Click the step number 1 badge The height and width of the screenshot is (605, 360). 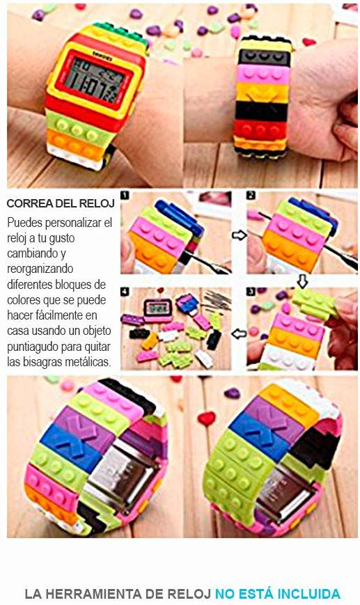pyautogui.click(x=125, y=196)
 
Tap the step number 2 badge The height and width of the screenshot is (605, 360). pyautogui.click(x=251, y=196)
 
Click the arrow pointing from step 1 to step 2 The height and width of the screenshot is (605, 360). pyautogui.click(x=239, y=235)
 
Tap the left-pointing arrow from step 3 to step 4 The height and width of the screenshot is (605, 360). pyautogui.click(x=239, y=333)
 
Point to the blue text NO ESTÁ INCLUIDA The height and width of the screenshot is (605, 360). pyautogui.click(x=277, y=594)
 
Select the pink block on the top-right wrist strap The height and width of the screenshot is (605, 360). pyautogui.click(x=263, y=72)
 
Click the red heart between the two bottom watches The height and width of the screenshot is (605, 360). pyautogui.click(x=207, y=418)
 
